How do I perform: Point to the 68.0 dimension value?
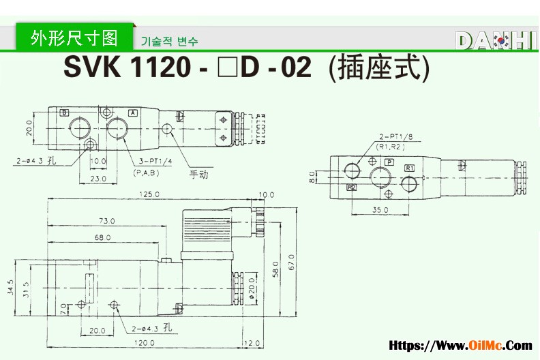coord(102,237)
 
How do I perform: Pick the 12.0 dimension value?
coord(253,342)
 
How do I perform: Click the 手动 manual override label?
coord(198,174)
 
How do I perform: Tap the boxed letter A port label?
coord(133,112)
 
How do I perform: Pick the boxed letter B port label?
coord(64,112)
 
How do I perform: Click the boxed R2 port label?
coord(352,187)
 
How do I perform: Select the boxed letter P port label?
coord(389,162)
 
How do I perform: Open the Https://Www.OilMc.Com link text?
coord(460,346)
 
